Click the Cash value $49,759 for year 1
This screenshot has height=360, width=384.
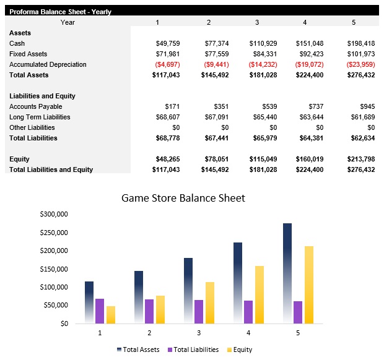(x=167, y=43)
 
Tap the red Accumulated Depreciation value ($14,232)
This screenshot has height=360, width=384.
(x=263, y=64)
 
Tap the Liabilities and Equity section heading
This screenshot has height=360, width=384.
(x=42, y=96)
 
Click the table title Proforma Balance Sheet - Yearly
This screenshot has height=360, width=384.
(x=60, y=12)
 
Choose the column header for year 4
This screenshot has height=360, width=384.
(x=304, y=22)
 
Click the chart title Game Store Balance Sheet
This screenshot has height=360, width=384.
(x=183, y=199)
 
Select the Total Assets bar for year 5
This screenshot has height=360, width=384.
(x=287, y=272)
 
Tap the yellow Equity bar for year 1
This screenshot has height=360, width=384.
(x=111, y=314)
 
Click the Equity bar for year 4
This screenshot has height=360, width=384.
(x=260, y=294)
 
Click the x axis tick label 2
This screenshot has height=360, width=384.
(x=149, y=332)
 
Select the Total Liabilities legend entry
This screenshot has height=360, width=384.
(x=193, y=349)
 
